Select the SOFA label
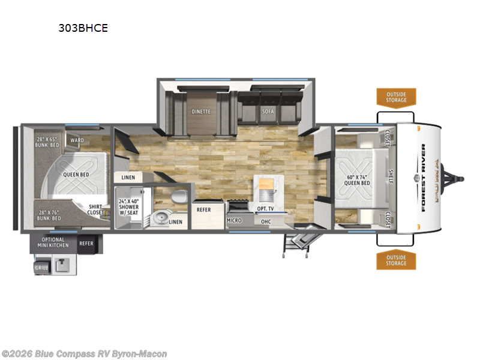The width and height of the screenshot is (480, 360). (x=268, y=111)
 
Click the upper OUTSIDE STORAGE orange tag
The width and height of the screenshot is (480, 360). (x=396, y=97)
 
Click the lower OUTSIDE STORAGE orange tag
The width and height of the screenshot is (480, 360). (x=396, y=260)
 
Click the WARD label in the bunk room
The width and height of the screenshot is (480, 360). (x=77, y=141)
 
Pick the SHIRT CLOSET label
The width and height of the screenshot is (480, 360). (x=95, y=208)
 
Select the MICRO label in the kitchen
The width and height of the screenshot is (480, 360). (x=234, y=220)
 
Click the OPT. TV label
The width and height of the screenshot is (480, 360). (x=266, y=208)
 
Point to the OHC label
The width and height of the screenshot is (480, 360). (x=266, y=220)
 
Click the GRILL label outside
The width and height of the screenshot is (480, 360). (x=41, y=268)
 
